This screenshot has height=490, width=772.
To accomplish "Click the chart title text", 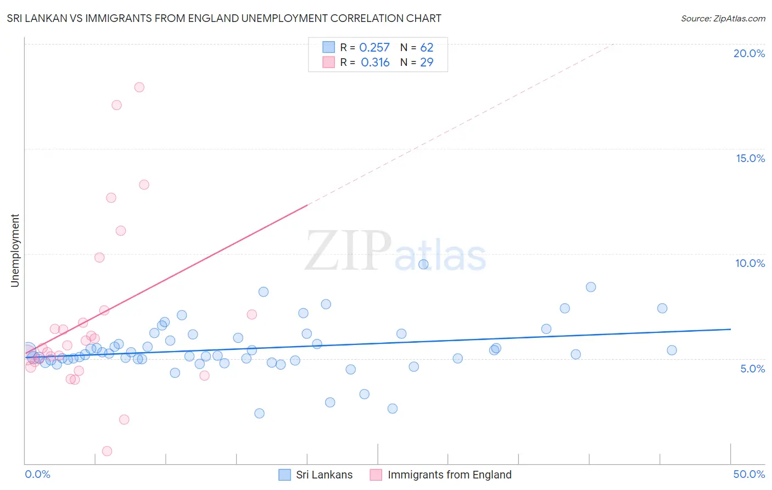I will pos(224,18).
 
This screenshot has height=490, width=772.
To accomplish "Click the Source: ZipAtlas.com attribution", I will pos(723,18).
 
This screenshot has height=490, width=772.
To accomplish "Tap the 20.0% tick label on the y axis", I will pos(749,53).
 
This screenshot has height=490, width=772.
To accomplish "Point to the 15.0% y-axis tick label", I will pos(750,158).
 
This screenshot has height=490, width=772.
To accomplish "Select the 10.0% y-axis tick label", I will pos(750,263).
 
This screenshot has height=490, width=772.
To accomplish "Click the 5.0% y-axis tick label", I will pos(752,369).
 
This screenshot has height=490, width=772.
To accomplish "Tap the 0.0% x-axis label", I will pos(37,474).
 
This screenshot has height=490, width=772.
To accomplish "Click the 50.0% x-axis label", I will pos(749,474).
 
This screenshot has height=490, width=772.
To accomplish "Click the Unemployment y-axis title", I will pos(15,250).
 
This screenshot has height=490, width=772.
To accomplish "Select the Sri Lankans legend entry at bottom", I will pos(316,475).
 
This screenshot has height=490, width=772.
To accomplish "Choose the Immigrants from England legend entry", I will pos(441,475).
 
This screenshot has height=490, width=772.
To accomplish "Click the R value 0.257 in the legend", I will pos(374,48).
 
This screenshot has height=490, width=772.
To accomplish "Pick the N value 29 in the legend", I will pos(427,63).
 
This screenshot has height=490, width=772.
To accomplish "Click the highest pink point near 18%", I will pos(139,87).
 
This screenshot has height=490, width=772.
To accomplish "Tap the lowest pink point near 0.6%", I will pos(107,451).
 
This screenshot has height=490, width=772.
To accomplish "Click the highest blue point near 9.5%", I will pos(423,264).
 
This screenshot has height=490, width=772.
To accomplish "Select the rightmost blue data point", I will pos(672,350).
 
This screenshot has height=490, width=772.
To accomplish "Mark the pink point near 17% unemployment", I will pos(116,105).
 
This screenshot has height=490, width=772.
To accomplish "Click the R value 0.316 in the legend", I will pos(375,63).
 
